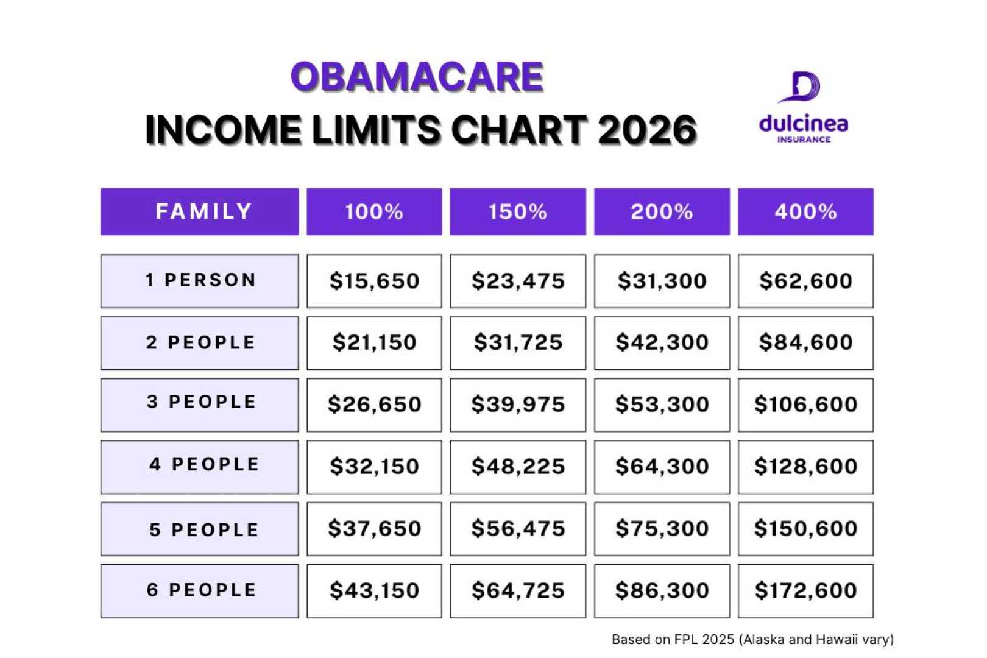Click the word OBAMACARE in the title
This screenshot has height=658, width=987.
417,77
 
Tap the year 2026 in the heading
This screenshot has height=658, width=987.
647,130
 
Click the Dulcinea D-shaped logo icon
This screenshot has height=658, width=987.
801,87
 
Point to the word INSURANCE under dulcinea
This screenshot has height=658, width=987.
804,140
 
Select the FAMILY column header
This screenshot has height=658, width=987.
203,211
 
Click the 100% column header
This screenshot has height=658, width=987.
374,211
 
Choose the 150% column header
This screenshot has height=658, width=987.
518,211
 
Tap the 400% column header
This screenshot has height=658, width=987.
805,211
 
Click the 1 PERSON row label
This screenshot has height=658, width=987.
200,280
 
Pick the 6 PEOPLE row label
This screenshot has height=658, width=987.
201,590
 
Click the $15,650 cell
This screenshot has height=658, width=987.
374,281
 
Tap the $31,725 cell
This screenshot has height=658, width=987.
518,342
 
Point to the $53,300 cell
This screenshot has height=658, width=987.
662,405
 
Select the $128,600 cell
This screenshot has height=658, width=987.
805,467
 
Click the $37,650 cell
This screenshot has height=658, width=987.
374,528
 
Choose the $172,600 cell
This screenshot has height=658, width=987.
805,590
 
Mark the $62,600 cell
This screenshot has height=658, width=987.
805,281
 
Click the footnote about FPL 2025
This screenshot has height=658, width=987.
752,639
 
